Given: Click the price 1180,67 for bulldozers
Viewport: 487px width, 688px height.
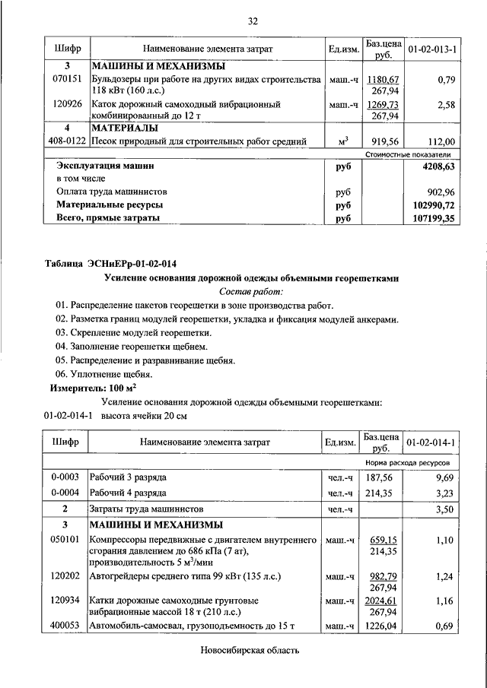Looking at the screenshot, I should click(x=382, y=79).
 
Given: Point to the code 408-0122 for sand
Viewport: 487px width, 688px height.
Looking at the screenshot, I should click(x=66, y=141).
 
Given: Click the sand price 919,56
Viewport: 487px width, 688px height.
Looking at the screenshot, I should click(x=382, y=141).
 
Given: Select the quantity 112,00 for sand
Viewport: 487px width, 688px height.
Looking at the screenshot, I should click(x=441, y=141).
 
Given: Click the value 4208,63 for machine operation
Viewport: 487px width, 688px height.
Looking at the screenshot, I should click(x=434, y=165).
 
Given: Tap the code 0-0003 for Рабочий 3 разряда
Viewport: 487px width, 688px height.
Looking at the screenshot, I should click(x=66, y=477).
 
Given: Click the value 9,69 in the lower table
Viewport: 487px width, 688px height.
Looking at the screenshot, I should click(x=444, y=477).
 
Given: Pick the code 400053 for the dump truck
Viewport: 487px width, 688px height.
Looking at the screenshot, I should click(x=66, y=626).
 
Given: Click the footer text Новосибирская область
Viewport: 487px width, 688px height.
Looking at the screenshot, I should click(x=250, y=651).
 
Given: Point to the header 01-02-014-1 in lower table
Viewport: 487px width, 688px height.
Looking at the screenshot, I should click(x=431, y=442).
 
